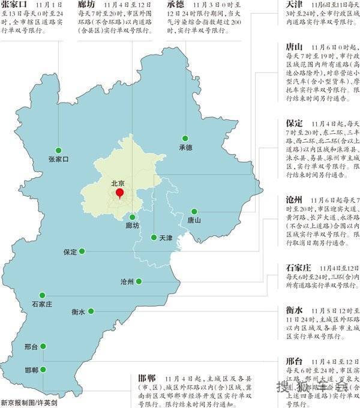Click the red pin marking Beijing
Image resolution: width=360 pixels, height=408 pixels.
coord(119,193)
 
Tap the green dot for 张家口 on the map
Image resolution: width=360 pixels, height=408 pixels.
coord(58,150)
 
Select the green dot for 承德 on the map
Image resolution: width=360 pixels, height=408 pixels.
coord(185,139)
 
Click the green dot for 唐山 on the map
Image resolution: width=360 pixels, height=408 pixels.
coord(194,211)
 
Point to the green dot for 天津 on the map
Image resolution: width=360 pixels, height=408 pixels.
coord(154,237)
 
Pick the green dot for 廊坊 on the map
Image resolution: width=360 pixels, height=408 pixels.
coord(132,217)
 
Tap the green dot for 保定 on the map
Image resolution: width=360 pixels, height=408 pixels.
coord(82,251)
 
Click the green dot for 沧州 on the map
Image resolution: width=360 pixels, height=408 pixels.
coord(139,281)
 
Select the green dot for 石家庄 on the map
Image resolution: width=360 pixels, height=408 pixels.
coord(42,295)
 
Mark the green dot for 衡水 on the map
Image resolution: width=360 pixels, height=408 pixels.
coord(91,311)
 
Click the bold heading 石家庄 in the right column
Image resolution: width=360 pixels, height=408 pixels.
coord(299,267)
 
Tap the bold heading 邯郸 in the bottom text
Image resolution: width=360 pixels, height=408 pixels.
coord(146,378)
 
